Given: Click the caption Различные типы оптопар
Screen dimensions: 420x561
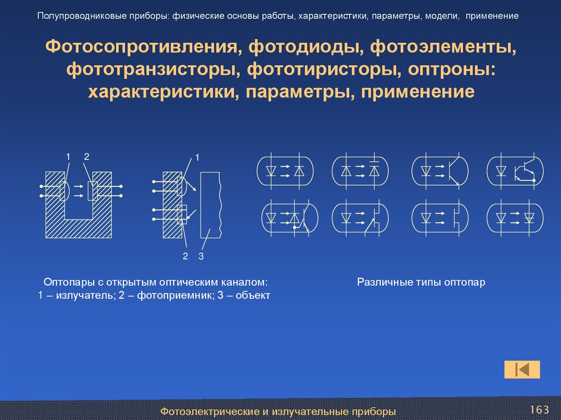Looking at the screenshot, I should click(x=421, y=283).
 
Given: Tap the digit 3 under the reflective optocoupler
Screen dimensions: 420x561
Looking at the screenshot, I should click(x=201, y=256).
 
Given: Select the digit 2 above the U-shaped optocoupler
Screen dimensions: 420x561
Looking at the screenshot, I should click(x=86, y=157).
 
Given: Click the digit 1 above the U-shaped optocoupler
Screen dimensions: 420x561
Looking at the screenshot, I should click(x=68, y=157).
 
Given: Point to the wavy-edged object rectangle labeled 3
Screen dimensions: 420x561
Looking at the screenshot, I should click(x=210, y=205).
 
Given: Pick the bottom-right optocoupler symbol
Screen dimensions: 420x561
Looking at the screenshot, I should click(x=516, y=218).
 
